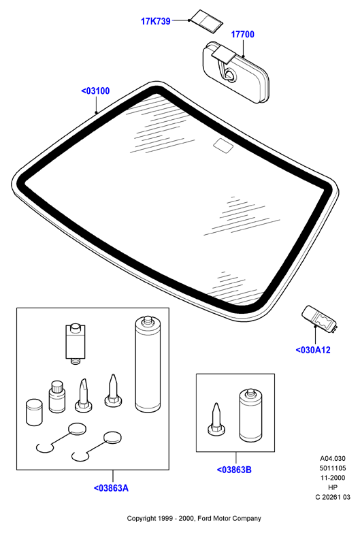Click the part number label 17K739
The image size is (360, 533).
(156, 21)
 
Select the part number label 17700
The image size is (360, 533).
(242, 34)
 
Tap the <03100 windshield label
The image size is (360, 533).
(95, 91)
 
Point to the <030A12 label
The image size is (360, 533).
(313, 350)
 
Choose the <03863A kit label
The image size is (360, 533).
(111, 488)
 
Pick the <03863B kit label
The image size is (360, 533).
(234, 470)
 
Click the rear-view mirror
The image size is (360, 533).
(235, 72)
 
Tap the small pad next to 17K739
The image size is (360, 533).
(206, 21)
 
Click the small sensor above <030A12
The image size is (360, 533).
(320, 318)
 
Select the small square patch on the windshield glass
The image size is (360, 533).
(223, 145)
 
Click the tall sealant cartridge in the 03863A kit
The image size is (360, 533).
(148, 364)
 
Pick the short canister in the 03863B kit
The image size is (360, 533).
(251, 415)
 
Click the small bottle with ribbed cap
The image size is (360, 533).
(57, 397)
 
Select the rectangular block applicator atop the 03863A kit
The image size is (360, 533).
(75, 344)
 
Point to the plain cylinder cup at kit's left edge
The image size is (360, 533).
(34, 412)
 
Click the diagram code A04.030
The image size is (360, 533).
(333, 459)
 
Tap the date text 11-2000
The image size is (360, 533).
(333, 478)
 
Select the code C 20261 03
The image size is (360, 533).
(333, 497)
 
